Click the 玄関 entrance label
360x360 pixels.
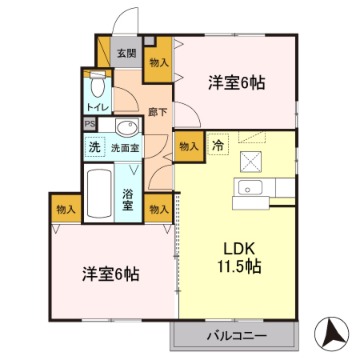tap(126, 54)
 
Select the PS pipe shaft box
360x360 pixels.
tap(90, 124)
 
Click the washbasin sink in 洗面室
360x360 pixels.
tap(126, 128)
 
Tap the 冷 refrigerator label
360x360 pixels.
tap(218, 146)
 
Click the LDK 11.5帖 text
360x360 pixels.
tap(238, 257)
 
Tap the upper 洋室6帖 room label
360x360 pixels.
tap(238, 82)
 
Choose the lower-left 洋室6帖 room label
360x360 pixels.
tap(110, 274)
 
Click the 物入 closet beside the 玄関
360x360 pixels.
tap(158, 62)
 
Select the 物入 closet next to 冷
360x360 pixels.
tap(189, 146)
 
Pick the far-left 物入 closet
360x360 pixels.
tap(66, 209)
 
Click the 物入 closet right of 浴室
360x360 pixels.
tap(159, 209)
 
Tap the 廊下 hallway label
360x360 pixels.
tap(158, 111)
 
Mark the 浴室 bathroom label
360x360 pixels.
tap(128, 199)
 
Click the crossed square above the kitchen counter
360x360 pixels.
tap(250, 161)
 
